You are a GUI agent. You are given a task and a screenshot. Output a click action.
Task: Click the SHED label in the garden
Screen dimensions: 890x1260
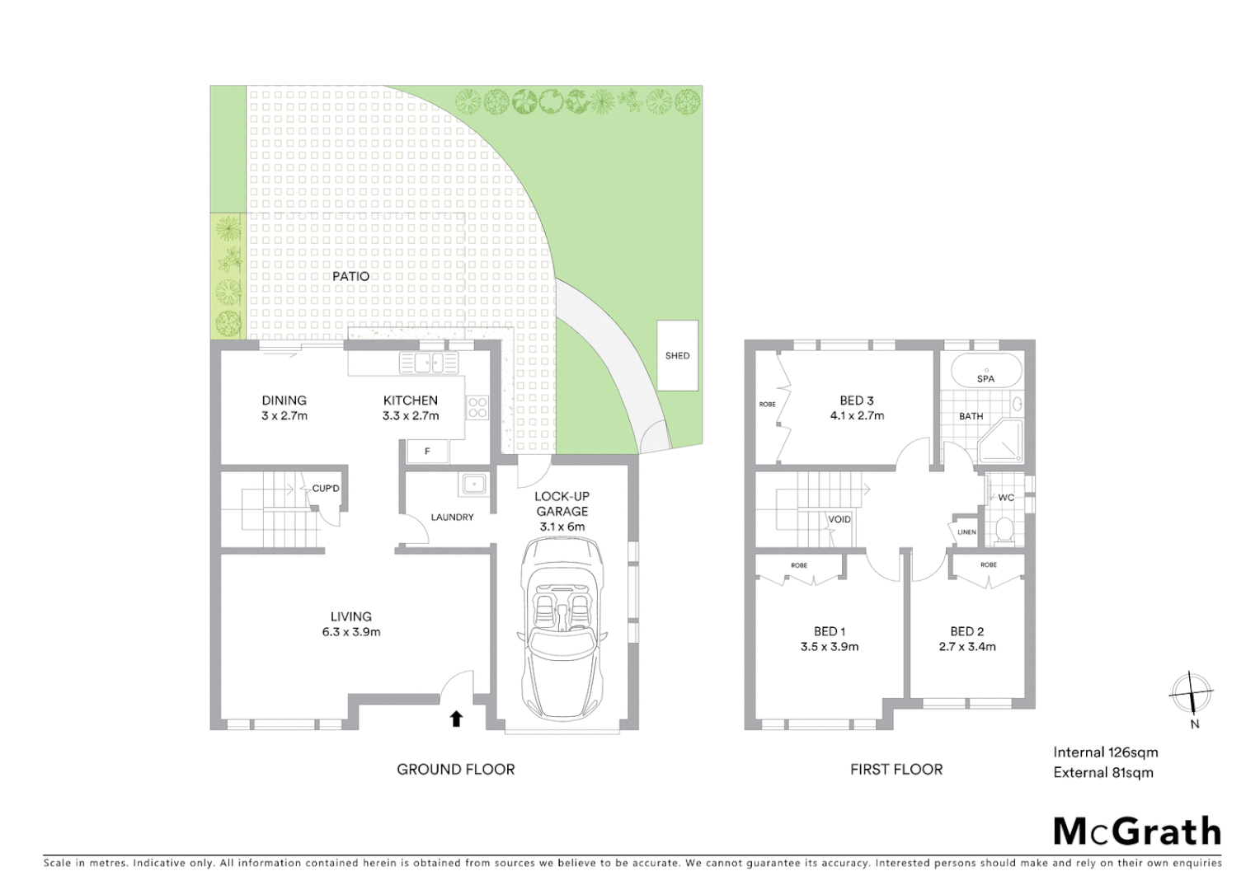click(677, 356)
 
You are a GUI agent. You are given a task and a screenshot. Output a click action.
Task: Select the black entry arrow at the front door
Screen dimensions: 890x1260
click(456, 719)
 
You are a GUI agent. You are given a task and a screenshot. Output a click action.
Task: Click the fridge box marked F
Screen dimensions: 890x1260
click(427, 451)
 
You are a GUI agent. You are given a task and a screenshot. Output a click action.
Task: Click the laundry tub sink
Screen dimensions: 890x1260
click(474, 484)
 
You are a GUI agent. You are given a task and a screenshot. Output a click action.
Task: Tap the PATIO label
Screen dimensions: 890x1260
click(350, 276)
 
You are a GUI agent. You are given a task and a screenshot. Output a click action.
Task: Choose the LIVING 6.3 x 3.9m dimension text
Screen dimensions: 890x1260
click(350, 632)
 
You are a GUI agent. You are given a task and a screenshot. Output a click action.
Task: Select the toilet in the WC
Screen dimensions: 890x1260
click(1004, 531)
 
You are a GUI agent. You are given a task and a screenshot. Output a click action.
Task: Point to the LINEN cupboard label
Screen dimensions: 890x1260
click(966, 532)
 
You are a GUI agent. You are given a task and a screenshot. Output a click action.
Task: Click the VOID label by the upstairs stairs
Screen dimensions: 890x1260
click(839, 519)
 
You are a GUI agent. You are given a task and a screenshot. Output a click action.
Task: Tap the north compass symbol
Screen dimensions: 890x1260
click(1192, 694)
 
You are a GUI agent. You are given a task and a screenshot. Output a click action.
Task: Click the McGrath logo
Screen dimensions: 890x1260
click(1137, 831)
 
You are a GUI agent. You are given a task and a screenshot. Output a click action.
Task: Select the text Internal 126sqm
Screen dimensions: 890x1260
click(1105, 752)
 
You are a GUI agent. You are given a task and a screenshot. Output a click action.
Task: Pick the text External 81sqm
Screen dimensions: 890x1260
click(1102, 772)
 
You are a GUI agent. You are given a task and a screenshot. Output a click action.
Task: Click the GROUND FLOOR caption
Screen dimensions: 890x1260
click(455, 769)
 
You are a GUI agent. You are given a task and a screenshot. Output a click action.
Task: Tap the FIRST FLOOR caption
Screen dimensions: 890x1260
click(896, 769)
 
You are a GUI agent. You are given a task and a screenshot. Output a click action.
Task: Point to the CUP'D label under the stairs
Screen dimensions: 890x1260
click(326, 489)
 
